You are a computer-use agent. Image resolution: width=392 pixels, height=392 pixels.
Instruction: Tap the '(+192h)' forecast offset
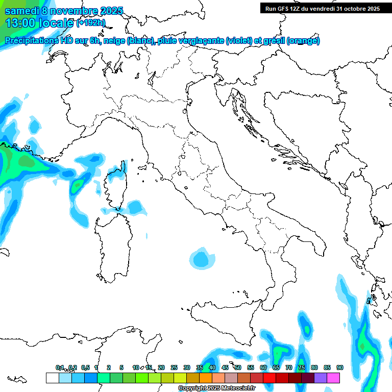pos(90,23)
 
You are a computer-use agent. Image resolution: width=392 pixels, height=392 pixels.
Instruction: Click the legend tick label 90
pos(340,368)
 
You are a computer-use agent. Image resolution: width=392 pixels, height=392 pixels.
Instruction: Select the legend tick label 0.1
pos(60,368)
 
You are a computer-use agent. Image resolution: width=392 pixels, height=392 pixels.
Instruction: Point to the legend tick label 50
pos(238,368)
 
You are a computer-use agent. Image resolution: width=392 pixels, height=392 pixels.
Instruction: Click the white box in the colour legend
pos(52,378)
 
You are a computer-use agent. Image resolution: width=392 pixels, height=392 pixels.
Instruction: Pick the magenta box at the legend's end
pos(333,378)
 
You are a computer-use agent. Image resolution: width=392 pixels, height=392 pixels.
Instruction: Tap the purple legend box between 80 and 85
pos(321,378)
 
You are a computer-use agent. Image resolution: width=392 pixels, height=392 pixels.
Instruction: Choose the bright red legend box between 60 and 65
pos(269,378)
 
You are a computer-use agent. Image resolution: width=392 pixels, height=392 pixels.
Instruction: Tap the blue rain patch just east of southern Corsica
pos(135,207)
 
